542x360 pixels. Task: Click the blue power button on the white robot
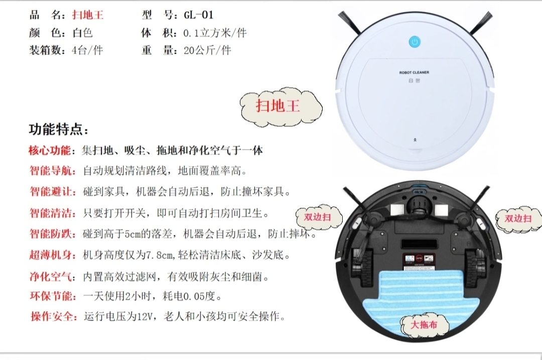pyautogui.click(x=415, y=42)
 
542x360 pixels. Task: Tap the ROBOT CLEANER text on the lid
pyautogui.click(x=414, y=73)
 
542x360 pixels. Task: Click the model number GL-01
pyautogui.click(x=198, y=15)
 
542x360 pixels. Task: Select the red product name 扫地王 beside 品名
pyautogui.click(x=88, y=15)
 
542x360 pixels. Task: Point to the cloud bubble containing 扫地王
pyautogui.click(x=281, y=106)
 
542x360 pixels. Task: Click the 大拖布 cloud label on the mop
pyautogui.click(x=425, y=325)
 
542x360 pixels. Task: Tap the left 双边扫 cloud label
pyautogui.click(x=319, y=217)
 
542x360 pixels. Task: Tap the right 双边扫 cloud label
pyautogui.click(x=518, y=218)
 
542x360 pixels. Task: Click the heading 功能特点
pyautogui.click(x=58, y=130)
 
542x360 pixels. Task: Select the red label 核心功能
pyautogui.click(x=49, y=151)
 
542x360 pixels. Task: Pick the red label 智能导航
pyautogui.click(x=52, y=171)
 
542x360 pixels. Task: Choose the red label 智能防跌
pyautogui.click(x=52, y=234)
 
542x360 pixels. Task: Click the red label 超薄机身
pyautogui.click(x=52, y=255)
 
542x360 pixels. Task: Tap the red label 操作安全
pyautogui.click(x=53, y=316)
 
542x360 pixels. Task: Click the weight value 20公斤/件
pyautogui.click(x=207, y=51)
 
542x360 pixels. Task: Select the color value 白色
pyautogui.click(x=82, y=33)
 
